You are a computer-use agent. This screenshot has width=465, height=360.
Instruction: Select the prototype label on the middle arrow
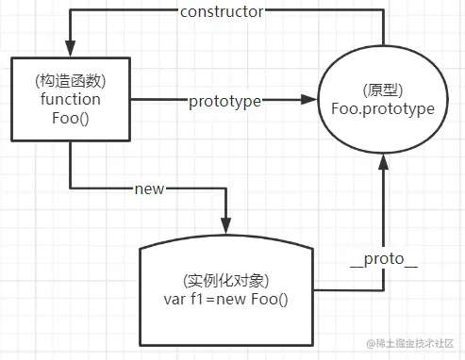tap(224, 99)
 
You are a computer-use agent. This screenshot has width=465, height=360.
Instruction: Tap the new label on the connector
tap(150, 188)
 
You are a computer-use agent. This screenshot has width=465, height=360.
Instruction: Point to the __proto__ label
tap(383, 258)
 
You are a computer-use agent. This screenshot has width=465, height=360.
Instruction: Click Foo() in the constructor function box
tap(70, 117)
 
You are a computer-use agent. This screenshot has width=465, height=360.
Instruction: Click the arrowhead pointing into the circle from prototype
tap(309, 99)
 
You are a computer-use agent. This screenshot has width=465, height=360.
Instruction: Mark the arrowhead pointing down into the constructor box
tap(70, 50)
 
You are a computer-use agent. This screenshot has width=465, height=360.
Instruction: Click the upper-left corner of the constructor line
tap(70, 12)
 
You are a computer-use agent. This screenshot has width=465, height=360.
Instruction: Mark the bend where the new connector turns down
tap(225, 188)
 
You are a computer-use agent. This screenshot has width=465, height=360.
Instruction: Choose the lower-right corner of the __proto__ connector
tap(383, 287)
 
